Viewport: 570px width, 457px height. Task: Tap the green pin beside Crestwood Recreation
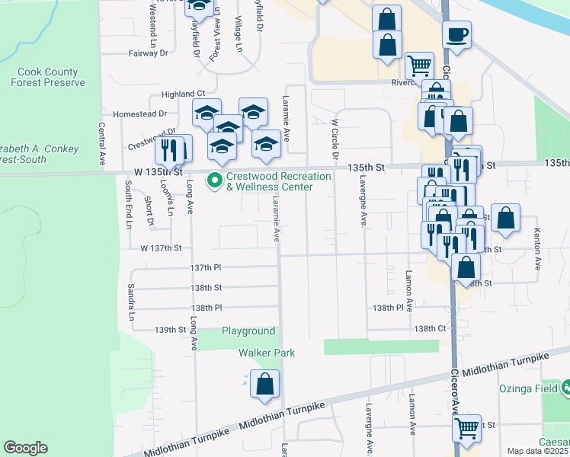[215, 181]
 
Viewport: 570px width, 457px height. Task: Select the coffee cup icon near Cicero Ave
[456, 36]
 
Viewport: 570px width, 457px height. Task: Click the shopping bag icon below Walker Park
[264, 385]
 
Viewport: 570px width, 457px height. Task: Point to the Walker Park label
[267, 353]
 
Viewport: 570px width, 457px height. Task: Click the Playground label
[248, 331]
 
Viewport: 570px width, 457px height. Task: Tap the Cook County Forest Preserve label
[48, 78]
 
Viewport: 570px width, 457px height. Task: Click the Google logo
[25, 448]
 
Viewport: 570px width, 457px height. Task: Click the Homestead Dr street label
[139, 113]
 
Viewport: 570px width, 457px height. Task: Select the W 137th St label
[161, 248]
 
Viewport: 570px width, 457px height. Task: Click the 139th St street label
[170, 330]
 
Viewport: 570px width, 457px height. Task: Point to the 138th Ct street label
[429, 328]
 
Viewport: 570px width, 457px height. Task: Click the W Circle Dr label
[334, 139]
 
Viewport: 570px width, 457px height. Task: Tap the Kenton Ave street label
[536, 250]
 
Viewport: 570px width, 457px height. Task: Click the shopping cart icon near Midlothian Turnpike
[466, 427]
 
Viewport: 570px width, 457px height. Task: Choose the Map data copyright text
[538, 451]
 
